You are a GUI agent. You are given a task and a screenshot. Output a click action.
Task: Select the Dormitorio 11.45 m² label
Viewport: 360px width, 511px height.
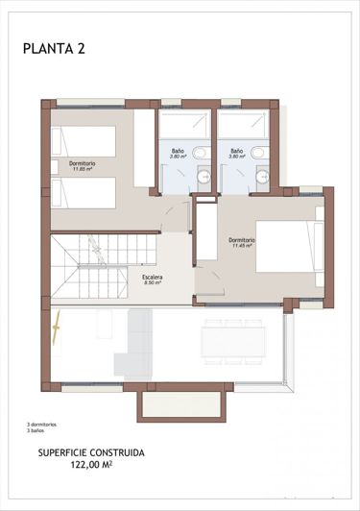point(242,242)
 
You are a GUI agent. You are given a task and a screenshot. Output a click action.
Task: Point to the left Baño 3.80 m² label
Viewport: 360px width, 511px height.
point(179,154)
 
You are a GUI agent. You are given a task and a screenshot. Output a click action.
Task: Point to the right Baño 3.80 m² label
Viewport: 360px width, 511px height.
point(236,154)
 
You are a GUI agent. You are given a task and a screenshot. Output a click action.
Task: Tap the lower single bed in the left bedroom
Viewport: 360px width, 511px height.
point(83,191)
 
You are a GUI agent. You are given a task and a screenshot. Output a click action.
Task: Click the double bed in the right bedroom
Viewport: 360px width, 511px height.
point(289,247)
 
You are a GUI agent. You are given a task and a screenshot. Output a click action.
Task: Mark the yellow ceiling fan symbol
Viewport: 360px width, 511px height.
point(60,327)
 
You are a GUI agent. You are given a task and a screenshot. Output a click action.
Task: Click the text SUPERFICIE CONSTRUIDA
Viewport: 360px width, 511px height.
point(91,450)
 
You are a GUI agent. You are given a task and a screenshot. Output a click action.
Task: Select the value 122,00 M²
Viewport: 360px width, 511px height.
point(91,464)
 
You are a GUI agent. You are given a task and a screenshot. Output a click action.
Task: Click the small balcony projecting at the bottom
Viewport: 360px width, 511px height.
point(184,404)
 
